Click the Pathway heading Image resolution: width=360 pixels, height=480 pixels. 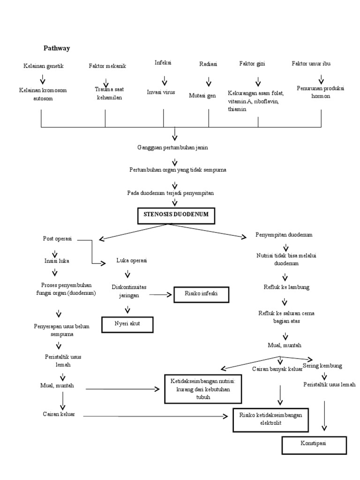point(57,48)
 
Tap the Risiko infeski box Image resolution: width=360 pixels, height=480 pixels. point(202,295)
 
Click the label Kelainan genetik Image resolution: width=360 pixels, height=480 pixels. point(43,66)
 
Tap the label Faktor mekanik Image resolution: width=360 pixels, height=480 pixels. point(107,66)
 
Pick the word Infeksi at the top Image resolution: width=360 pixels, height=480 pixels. point(163,62)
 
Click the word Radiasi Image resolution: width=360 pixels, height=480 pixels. point(208,65)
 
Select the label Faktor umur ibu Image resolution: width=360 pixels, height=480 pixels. point(311,63)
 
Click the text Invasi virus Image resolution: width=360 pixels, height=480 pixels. point(161,92)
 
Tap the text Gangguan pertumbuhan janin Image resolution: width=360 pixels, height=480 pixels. point(172,147)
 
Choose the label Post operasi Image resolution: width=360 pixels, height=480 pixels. point(57,239)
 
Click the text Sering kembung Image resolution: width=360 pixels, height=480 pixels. point(322,365)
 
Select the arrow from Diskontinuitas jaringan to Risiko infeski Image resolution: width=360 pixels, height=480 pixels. point(161,295)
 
